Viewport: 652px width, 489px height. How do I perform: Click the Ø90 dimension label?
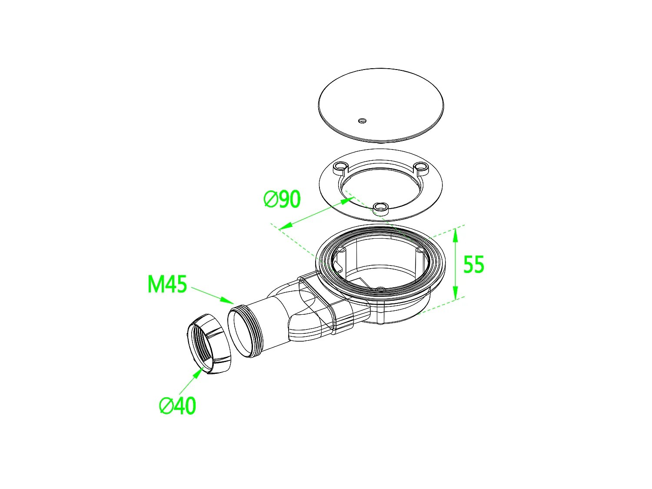point(282,199)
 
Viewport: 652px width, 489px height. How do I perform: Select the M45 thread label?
point(167,284)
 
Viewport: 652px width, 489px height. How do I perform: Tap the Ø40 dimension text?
point(178,406)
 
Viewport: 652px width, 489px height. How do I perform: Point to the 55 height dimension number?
point(473,264)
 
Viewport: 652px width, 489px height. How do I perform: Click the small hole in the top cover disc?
point(362,120)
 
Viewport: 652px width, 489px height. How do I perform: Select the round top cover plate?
point(381,105)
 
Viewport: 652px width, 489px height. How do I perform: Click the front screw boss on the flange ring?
point(380,208)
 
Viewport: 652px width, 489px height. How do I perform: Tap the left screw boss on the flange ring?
point(340,168)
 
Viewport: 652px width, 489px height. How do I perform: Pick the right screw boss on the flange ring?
point(421,168)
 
